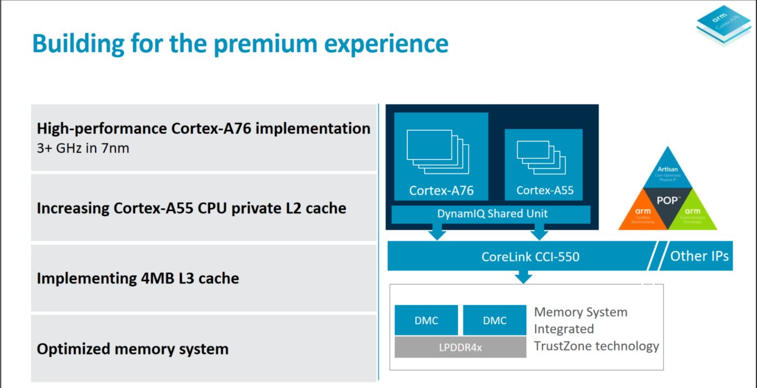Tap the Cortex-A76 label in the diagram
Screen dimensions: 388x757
441,190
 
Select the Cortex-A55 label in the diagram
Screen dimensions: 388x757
544,190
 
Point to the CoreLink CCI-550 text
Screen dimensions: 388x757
530,256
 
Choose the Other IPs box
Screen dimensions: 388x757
699,256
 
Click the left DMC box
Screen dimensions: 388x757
426,320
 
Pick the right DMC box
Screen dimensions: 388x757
495,320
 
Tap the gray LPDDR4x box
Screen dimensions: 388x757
460,347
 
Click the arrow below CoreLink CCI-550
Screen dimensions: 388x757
523,277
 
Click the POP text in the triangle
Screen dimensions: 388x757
668,200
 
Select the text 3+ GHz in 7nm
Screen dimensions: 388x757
83,148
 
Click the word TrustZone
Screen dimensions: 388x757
566,346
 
